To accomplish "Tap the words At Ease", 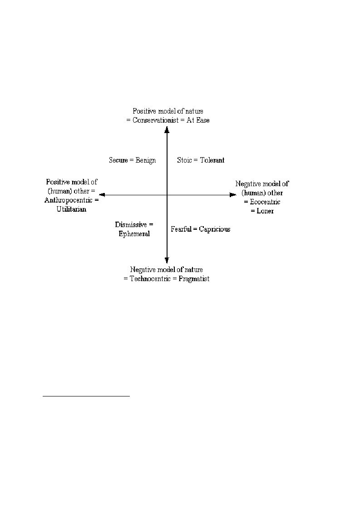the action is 198,120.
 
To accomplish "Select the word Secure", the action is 118,160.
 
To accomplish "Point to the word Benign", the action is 146,160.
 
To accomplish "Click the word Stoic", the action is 184,160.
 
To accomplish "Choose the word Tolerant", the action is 212,160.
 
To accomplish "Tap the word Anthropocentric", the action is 68,200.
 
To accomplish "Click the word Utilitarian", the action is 72,209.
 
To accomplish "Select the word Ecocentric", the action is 265,202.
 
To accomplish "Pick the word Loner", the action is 266,211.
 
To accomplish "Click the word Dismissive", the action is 131,224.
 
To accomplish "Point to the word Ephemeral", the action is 134,234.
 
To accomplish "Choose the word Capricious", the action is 215,229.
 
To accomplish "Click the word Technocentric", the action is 150,279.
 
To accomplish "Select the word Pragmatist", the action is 194,279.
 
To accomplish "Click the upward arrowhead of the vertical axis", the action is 167,130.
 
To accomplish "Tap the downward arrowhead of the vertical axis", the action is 167,260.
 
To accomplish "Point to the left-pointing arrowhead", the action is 102,195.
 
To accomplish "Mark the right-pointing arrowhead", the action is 233,195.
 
